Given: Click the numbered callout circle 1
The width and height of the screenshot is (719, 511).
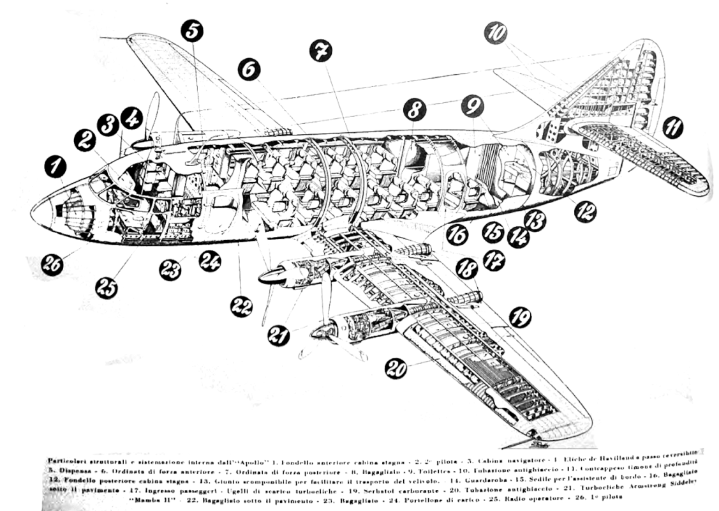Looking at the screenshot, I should pyautogui.click(x=56, y=167).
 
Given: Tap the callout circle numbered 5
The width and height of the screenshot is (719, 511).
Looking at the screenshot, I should pyautogui.click(x=192, y=31).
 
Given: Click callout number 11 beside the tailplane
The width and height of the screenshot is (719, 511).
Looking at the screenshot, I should pyautogui.click(x=671, y=128).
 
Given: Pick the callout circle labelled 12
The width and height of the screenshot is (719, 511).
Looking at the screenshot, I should pyautogui.click(x=584, y=210).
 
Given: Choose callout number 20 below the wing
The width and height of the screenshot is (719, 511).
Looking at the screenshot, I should pyautogui.click(x=396, y=367).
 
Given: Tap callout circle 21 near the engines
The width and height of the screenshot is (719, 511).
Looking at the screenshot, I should pyautogui.click(x=278, y=335).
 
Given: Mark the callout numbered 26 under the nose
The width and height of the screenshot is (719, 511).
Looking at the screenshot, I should pyautogui.click(x=52, y=264).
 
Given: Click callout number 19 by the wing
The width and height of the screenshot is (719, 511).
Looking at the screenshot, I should pyautogui.click(x=521, y=317).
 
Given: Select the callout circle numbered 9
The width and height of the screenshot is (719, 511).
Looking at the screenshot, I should pyautogui.click(x=473, y=106).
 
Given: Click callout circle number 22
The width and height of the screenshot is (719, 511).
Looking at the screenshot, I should pyautogui.click(x=241, y=307).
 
